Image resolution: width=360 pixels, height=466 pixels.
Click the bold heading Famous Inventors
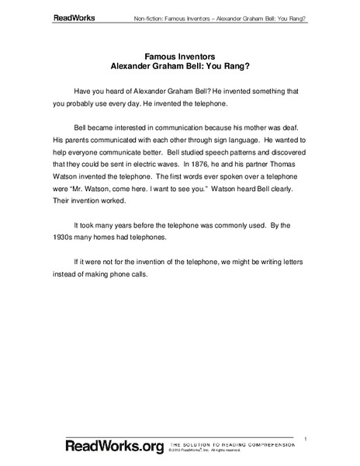(180, 57)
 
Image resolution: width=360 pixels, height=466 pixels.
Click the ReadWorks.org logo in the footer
(104, 447)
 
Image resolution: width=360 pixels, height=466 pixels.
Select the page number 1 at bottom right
(306, 439)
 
